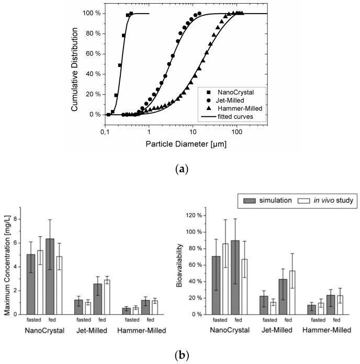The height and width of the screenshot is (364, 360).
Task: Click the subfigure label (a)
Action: click(180, 169)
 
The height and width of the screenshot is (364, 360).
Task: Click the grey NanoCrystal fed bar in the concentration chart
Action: click(50, 277)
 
